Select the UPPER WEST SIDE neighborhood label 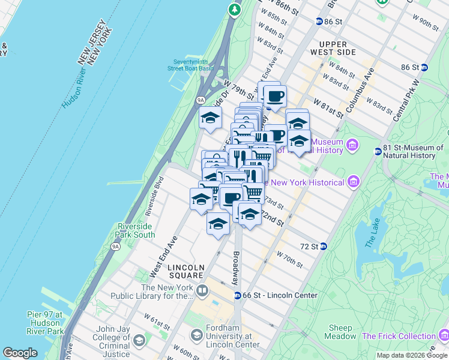333,49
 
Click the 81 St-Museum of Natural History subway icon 378,151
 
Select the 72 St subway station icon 323,246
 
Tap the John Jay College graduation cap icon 139,341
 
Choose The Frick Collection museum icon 443,336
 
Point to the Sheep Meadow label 340,332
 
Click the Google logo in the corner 20,353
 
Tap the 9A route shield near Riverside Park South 115,245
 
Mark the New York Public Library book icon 202,292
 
